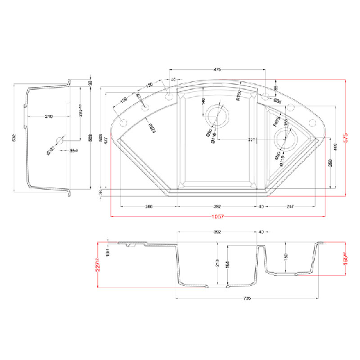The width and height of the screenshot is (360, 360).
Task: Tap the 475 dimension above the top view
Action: [x=217, y=69]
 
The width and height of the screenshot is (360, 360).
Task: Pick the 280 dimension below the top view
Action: [x=149, y=206]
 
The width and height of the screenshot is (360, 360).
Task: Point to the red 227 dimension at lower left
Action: [x=95, y=262]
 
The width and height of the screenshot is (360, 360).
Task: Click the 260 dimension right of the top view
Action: [x=329, y=163]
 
